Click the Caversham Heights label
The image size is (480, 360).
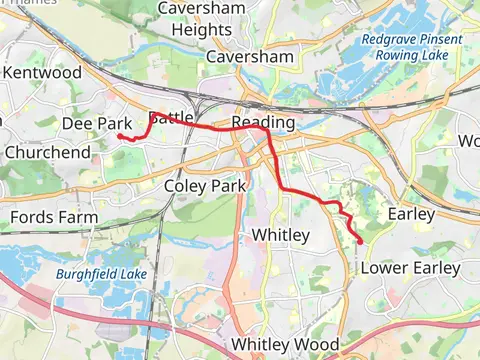(x=202, y=21)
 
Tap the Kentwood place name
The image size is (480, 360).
(x=42, y=73)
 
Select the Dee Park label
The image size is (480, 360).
(x=97, y=123)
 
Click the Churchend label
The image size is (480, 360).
(x=47, y=153)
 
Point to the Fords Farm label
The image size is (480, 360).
(x=54, y=217)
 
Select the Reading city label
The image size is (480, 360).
(x=263, y=122)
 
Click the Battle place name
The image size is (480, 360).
(x=171, y=118)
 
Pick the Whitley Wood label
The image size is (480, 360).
(x=284, y=344)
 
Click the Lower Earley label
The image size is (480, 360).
(x=410, y=268)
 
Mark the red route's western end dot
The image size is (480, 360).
(x=120, y=136)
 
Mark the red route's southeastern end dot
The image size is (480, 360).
(x=360, y=241)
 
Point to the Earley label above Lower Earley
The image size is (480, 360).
(x=411, y=214)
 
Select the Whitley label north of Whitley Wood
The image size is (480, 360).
(x=280, y=235)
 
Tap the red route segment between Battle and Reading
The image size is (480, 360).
(x=215, y=127)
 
